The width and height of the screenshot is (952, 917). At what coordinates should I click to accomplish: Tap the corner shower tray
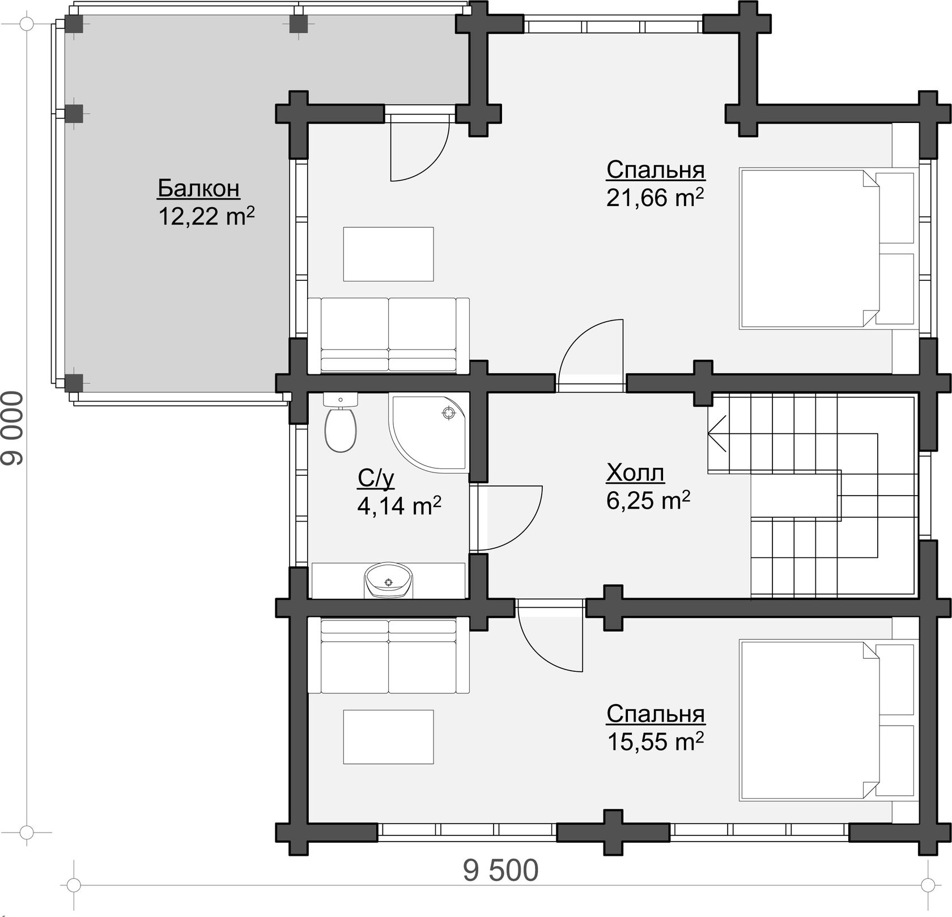tap(429, 433)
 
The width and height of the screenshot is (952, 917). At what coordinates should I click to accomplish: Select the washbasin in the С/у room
tap(388, 580)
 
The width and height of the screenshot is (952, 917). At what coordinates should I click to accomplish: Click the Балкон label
tap(198, 188)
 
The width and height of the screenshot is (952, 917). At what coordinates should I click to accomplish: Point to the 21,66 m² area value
tap(655, 198)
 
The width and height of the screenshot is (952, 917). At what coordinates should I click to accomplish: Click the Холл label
tap(635, 472)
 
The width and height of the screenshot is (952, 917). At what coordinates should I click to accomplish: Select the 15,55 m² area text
tap(655, 741)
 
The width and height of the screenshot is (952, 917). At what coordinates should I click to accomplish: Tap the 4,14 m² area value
tap(399, 505)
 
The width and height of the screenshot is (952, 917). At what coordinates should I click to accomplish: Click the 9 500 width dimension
tap(500, 871)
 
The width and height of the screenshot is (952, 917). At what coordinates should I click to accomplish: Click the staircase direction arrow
tap(717, 433)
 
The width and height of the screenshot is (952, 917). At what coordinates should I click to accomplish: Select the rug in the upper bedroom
tap(388, 254)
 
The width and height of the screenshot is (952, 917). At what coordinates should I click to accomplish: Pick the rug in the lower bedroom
tap(388, 737)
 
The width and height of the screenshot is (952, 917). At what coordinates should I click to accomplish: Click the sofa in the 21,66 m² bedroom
tap(389, 335)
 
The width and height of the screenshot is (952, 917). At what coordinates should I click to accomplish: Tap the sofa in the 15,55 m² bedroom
tap(389, 656)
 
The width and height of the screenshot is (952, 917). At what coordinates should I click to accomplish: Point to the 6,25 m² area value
tap(648, 501)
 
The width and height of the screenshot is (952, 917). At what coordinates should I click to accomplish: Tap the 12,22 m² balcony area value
tap(206, 216)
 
